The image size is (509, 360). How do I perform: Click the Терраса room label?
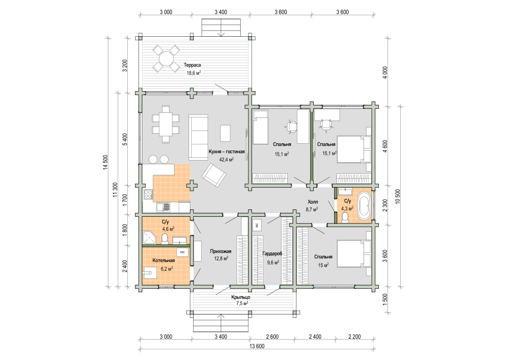(192, 65)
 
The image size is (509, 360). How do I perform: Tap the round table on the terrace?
(166, 59)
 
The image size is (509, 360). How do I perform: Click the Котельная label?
(164, 260)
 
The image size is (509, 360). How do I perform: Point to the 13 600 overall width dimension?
(257, 346)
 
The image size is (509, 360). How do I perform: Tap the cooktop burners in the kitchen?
(148, 194)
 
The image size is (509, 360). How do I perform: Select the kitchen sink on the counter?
(163, 207)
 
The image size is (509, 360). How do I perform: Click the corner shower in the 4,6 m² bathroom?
(149, 237)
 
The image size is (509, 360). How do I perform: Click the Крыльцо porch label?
(241, 297)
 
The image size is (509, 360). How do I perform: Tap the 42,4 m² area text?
(227, 160)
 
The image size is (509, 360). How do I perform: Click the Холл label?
(313, 202)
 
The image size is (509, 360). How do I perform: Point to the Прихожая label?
(220, 251)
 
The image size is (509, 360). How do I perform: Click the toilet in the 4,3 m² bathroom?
(345, 217)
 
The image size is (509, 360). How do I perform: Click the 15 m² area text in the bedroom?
(323, 265)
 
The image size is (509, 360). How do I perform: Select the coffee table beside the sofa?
(226, 133)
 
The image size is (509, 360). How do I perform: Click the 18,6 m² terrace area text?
(194, 73)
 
